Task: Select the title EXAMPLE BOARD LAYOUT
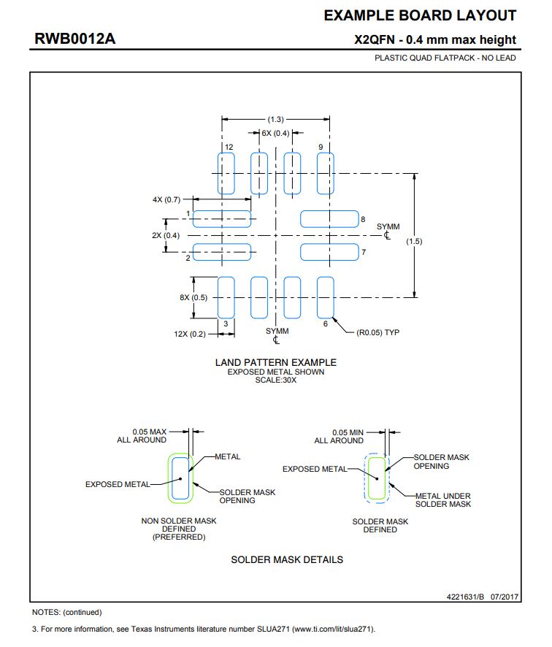(x=420, y=15)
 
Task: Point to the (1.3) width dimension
(x=275, y=119)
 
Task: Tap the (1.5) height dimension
(x=414, y=241)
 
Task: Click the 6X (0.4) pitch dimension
(x=275, y=133)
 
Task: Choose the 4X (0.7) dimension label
(x=166, y=199)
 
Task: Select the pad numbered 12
(x=226, y=174)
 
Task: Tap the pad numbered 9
(x=325, y=174)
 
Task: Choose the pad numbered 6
(x=325, y=297)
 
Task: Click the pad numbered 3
(x=226, y=297)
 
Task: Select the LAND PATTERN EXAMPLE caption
(x=275, y=362)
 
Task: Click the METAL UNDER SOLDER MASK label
(x=443, y=499)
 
